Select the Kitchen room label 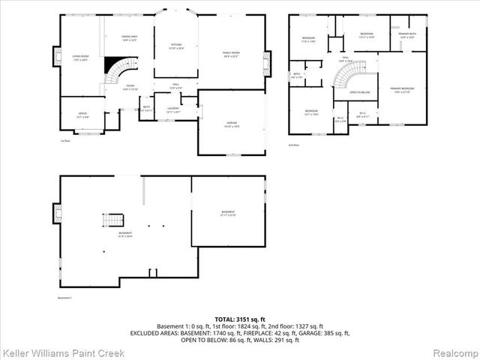click(176, 46)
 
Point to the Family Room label click(230, 54)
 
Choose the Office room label click(82, 115)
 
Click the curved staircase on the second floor click(345, 76)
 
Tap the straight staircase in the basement click(112, 220)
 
